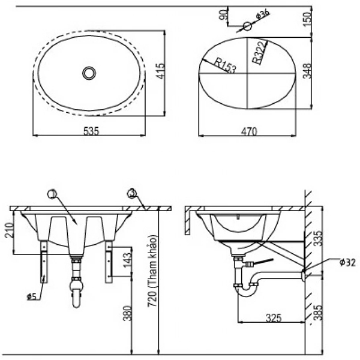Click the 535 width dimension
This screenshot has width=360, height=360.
click(x=90, y=130)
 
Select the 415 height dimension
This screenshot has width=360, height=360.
click(x=173, y=73)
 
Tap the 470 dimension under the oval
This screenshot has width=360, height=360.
click(x=248, y=130)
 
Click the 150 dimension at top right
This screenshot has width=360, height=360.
click(x=307, y=19)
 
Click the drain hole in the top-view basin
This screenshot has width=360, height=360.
click(x=89, y=73)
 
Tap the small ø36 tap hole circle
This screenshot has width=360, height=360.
click(x=247, y=26)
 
